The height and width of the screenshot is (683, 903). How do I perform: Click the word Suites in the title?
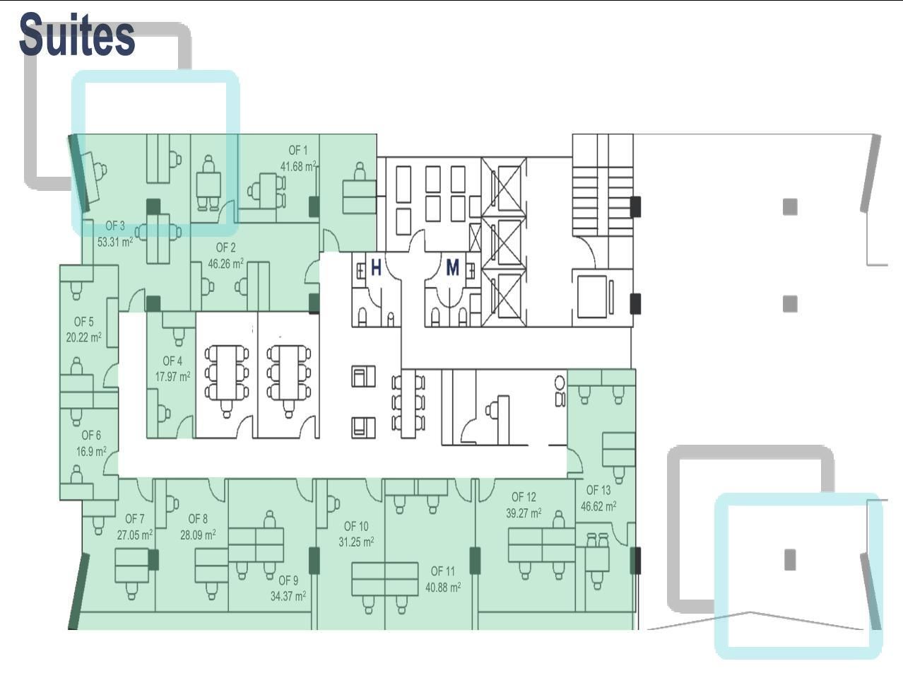click(x=77, y=35)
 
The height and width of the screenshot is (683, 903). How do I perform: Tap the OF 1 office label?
click(x=298, y=151)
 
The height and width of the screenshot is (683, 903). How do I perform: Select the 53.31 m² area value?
click(x=115, y=242)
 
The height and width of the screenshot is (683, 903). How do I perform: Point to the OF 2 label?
click(x=226, y=247)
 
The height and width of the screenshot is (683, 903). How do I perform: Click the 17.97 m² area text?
click(x=173, y=376)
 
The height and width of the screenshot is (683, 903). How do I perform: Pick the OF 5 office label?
click(x=84, y=322)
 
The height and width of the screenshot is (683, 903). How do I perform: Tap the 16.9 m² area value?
click(x=91, y=451)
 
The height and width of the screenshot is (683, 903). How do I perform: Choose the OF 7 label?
click(x=135, y=519)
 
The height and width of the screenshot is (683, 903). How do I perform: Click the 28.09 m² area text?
click(x=198, y=535)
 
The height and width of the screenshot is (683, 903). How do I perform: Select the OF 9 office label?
click(x=288, y=580)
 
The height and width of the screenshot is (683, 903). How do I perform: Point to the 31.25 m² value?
click(x=356, y=542)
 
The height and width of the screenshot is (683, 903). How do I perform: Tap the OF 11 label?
click(x=443, y=571)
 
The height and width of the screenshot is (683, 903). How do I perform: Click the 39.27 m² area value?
click(x=524, y=513)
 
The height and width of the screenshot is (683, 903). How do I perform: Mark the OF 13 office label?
click(x=598, y=490)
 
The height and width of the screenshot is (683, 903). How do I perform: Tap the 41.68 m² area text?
click(x=298, y=166)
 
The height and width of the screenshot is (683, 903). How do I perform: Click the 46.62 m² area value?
click(x=598, y=506)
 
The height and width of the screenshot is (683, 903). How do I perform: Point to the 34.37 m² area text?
click(x=288, y=596)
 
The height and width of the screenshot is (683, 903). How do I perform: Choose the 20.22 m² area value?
click(x=84, y=337)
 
